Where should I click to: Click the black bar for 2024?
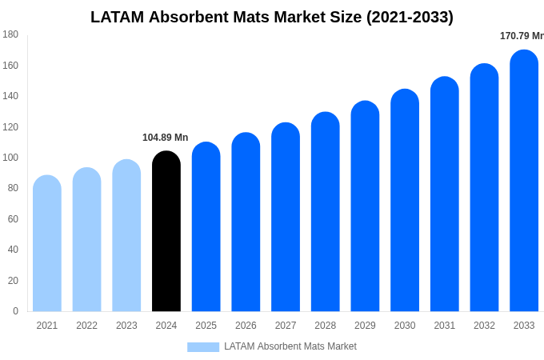click(166, 232)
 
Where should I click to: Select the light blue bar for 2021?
click(47, 244)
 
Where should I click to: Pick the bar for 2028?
click(326, 212)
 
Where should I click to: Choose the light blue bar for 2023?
click(126, 236)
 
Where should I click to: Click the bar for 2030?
click(405, 201)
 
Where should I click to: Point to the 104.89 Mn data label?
click(165, 138)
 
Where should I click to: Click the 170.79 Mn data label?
click(521, 36)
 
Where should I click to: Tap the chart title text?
click(272, 17)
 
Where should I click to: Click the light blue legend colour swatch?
click(203, 346)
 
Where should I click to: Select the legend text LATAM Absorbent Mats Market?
click(290, 346)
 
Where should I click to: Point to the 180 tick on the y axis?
click(10, 34)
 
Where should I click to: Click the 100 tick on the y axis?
click(10, 158)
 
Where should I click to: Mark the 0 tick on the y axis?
click(15, 311)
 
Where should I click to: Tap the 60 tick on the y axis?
click(13, 219)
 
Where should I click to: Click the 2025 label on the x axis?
click(206, 326)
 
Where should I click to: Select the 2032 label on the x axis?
click(484, 326)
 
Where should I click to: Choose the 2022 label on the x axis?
click(86, 326)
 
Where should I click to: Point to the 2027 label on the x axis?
click(286, 326)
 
